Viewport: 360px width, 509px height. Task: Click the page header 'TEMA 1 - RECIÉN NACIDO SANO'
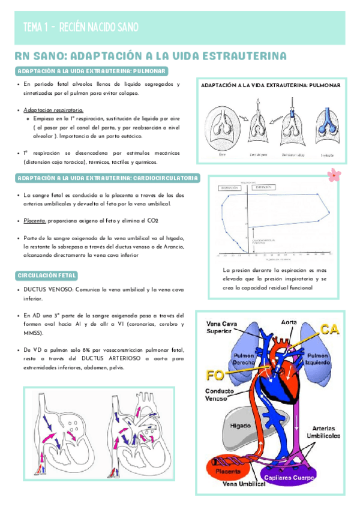pyautogui.click(x=80, y=27)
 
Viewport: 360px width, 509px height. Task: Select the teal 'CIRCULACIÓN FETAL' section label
pyautogui.click(x=46, y=276)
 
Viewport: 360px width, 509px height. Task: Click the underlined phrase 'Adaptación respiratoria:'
pyautogui.click(x=53, y=110)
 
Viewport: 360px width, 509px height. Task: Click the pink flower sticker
pyautogui.click(x=332, y=175)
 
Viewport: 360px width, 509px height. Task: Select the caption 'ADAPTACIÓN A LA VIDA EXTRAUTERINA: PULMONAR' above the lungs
pyautogui.click(x=271, y=86)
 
